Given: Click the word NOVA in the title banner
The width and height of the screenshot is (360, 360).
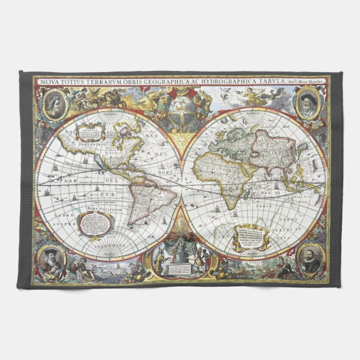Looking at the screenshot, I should click(49, 82).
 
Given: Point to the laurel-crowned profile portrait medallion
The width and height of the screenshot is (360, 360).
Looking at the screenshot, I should click(55, 103).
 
